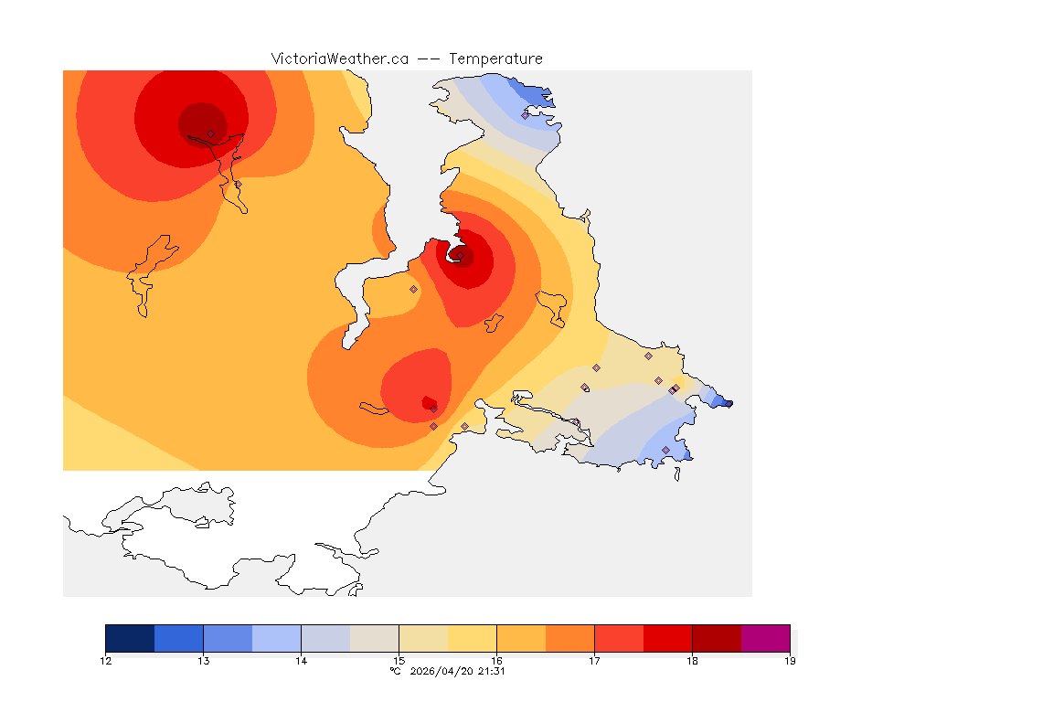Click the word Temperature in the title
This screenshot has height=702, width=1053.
pyautogui.click(x=496, y=58)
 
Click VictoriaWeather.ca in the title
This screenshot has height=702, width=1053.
pyautogui.click(x=339, y=58)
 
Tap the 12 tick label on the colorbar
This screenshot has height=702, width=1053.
pyautogui.click(x=106, y=661)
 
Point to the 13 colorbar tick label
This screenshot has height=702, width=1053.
pyautogui.click(x=203, y=661)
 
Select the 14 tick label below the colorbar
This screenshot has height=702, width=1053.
pyautogui.click(x=301, y=661)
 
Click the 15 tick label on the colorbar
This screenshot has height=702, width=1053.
pyautogui.click(x=399, y=661)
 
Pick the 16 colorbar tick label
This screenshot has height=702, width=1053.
pyautogui.click(x=496, y=661)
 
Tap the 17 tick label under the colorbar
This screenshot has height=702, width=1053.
pyautogui.click(x=594, y=661)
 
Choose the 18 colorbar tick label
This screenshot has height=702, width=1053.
pyautogui.click(x=692, y=661)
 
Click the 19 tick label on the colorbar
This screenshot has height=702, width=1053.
pyautogui.click(x=790, y=661)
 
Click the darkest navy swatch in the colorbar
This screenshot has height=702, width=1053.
pyautogui.click(x=130, y=638)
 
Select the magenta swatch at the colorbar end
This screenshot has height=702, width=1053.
pyautogui.click(x=765, y=638)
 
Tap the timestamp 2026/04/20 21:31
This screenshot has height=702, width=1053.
pyautogui.click(x=458, y=671)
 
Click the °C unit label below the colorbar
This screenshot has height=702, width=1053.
pyautogui.click(x=395, y=671)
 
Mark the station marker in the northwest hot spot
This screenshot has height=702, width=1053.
pyautogui.click(x=210, y=133)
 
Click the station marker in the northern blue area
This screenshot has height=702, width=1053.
pyautogui.click(x=526, y=115)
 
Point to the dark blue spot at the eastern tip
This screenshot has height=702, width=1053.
pyautogui.click(x=726, y=403)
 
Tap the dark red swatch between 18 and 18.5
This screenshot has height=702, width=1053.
pyautogui.click(x=717, y=638)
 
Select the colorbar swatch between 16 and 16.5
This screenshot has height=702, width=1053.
pyautogui.click(x=521, y=638)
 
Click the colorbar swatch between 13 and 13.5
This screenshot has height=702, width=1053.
pyautogui.click(x=228, y=638)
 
